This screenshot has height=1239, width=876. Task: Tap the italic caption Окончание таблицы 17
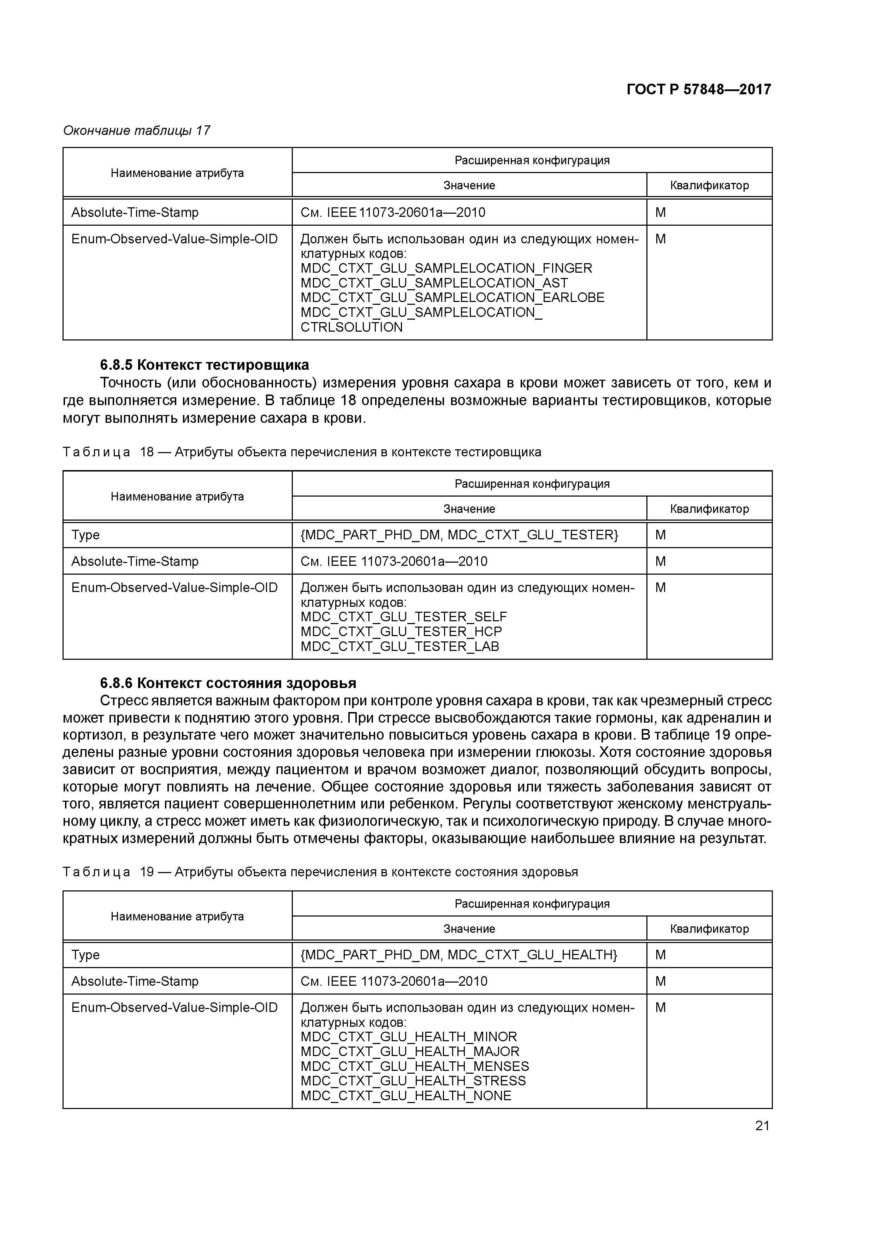pos(137,131)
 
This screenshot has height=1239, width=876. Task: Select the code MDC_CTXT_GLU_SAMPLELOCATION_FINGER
pos(446,268)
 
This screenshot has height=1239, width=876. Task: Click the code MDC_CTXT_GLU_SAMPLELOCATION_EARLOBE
pos(452,298)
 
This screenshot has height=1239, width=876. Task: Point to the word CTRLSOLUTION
pos(351,327)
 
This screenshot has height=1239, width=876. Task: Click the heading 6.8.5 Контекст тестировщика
pos(205,365)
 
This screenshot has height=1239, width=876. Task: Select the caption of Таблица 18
pos(302,452)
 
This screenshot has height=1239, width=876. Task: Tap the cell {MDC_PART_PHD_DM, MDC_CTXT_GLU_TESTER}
pos(459,535)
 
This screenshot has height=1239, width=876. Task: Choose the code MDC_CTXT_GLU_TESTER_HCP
pos(401,632)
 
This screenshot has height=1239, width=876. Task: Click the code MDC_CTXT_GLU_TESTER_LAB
pos(399,646)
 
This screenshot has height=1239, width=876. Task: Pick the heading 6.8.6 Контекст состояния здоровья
pos(228,683)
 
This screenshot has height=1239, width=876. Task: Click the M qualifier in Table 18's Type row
pos(660,535)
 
